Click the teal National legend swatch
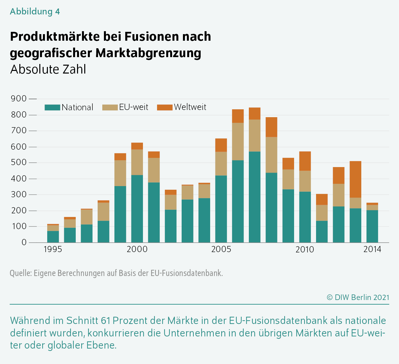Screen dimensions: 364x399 pos(52,107)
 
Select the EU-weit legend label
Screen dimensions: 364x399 pos(133,107)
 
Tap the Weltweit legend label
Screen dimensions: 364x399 pos(190,107)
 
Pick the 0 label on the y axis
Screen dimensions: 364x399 pos(24,243)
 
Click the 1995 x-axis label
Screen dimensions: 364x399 pos(53,249)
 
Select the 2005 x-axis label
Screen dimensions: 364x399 pos(221,249)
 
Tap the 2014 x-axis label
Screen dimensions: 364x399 pos(372,249)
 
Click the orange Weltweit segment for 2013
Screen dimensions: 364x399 pos(355,179)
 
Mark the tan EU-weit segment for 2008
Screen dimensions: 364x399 pos(271,155)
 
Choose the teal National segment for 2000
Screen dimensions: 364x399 pos(137,209)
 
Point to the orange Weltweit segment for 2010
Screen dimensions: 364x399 pos(305,161)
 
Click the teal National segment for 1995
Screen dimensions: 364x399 pos(53,237)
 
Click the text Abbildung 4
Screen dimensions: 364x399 pos(35,12)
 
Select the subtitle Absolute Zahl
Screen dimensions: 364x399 pos(48,70)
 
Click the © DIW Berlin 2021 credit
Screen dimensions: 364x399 pos(358,297)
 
